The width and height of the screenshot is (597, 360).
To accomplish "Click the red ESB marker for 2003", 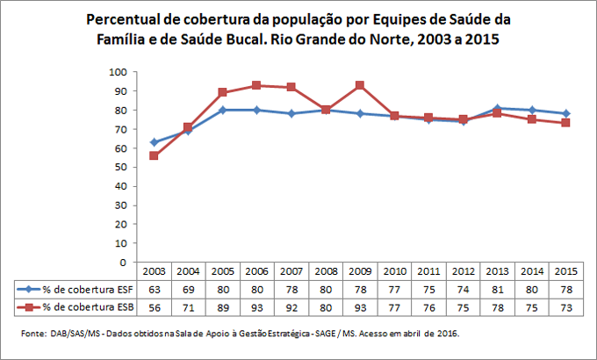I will [x=155, y=155].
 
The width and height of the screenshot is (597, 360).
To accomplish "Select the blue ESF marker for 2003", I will [x=155, y=141].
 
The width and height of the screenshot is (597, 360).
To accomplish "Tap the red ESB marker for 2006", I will [x=255, y=85].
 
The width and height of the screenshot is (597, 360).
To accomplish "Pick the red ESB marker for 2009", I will [x=359, y=85].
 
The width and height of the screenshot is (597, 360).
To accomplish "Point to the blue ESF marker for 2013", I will [x=495, y=108].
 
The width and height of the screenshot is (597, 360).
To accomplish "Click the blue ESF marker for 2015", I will [x=564, y=113].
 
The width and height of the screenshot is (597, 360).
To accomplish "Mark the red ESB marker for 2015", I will [x=564, y=123].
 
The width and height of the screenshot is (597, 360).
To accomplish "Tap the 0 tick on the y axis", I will [x=125, y=262].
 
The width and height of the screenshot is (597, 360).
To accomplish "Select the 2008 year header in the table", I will [x=325, y=271].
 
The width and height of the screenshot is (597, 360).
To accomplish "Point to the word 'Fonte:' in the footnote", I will [x=34, y=334].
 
